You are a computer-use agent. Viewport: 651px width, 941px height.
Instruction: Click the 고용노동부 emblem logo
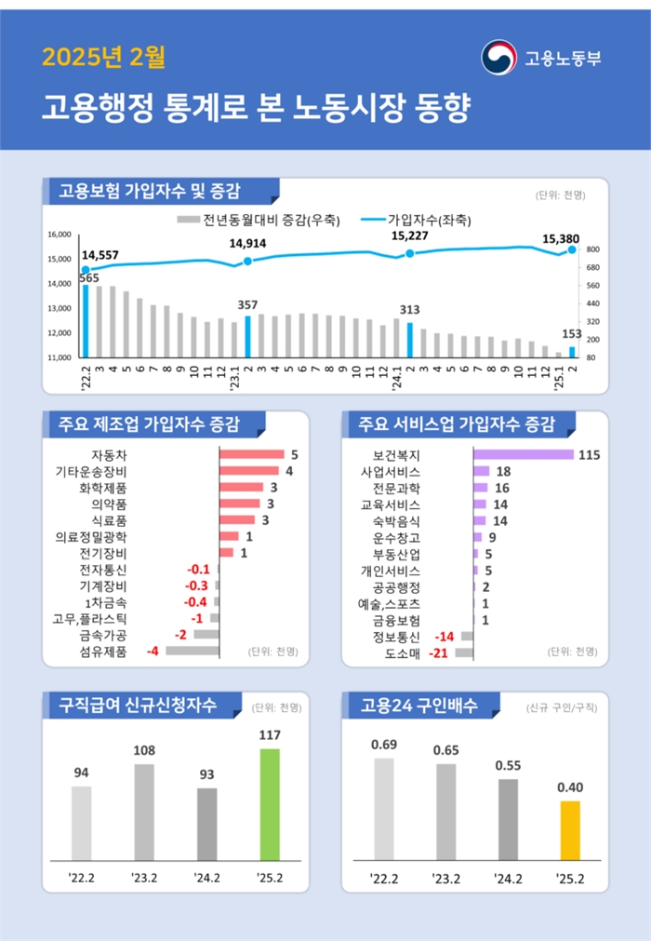pos(498,58)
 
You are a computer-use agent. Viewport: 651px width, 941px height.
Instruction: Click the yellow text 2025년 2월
pos(103,59)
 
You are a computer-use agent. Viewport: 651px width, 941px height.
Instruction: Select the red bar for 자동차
pos(251,455)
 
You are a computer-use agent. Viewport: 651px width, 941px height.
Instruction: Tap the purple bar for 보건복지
pos(523,455)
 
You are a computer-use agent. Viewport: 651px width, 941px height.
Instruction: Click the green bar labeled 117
pos(270,804)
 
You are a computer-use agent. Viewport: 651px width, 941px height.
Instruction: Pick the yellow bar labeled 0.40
pos(570,830)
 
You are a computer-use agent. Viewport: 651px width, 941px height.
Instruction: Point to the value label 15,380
pos(561,238)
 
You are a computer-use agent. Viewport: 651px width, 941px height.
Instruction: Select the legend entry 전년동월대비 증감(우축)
pos(258,221)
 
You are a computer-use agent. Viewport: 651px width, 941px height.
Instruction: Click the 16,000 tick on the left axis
pos(59,235)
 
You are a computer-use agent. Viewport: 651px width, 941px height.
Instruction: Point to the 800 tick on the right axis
pos(592,249)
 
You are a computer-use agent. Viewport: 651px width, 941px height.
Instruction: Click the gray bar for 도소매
pos(464,652)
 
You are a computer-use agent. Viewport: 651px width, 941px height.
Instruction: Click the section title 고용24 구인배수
pos(418,705)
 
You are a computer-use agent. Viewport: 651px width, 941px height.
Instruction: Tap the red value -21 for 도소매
pos(437,652)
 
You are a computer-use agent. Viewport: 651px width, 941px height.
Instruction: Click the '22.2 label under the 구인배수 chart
pos(383,878)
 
